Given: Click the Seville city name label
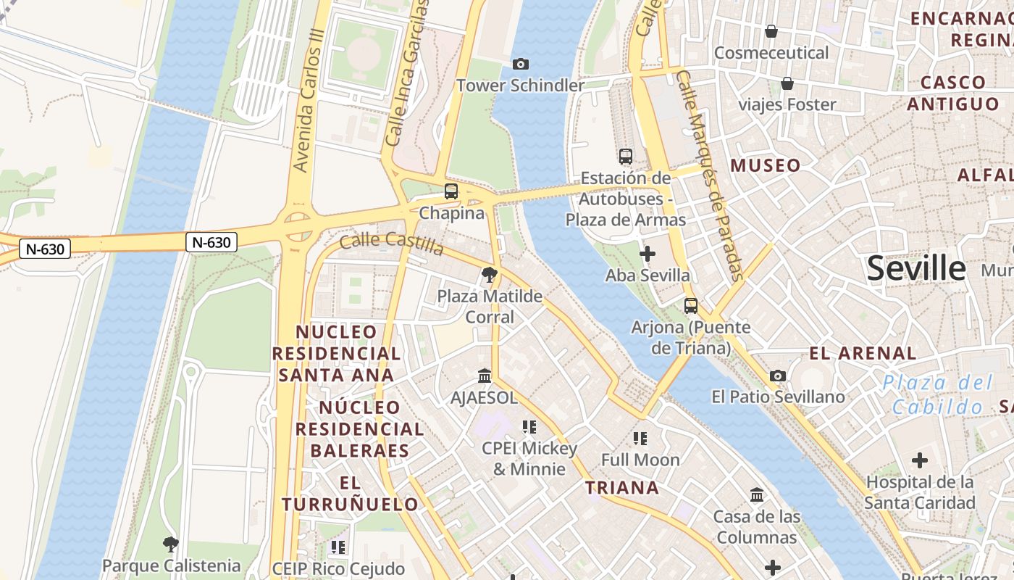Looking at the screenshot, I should click(x=916, y=268).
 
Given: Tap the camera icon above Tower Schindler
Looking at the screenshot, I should click(x=520, y=64).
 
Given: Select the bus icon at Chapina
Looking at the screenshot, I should click(x=451, y=191).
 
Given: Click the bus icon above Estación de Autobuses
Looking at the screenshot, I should click(x=625, y=156).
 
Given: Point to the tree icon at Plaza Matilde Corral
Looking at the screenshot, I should click(x=490, y=275).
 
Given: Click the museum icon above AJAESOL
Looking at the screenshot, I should click(x=485, y=376).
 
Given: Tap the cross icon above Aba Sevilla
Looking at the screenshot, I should click(x=648, y=254).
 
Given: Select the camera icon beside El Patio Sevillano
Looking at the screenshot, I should click(x=778, y=376).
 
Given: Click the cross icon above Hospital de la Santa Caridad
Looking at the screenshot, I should click(x=919, y=460).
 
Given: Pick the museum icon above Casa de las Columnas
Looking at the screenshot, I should click(x=757, y=495).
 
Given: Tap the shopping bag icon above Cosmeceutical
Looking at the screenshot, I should click(x=771, y=31).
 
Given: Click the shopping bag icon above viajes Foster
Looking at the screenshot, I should click(x=787, y=83).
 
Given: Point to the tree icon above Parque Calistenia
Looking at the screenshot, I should click(x=170, y=544).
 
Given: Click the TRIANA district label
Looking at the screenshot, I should click(x=622, y=488).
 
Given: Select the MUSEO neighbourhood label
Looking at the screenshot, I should click(x=766, y=165).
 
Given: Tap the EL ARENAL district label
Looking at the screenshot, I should click(x=863, y=354).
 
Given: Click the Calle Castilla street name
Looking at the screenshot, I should click(x=391, y=244).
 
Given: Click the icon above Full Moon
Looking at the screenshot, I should click(x=640, y=438).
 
